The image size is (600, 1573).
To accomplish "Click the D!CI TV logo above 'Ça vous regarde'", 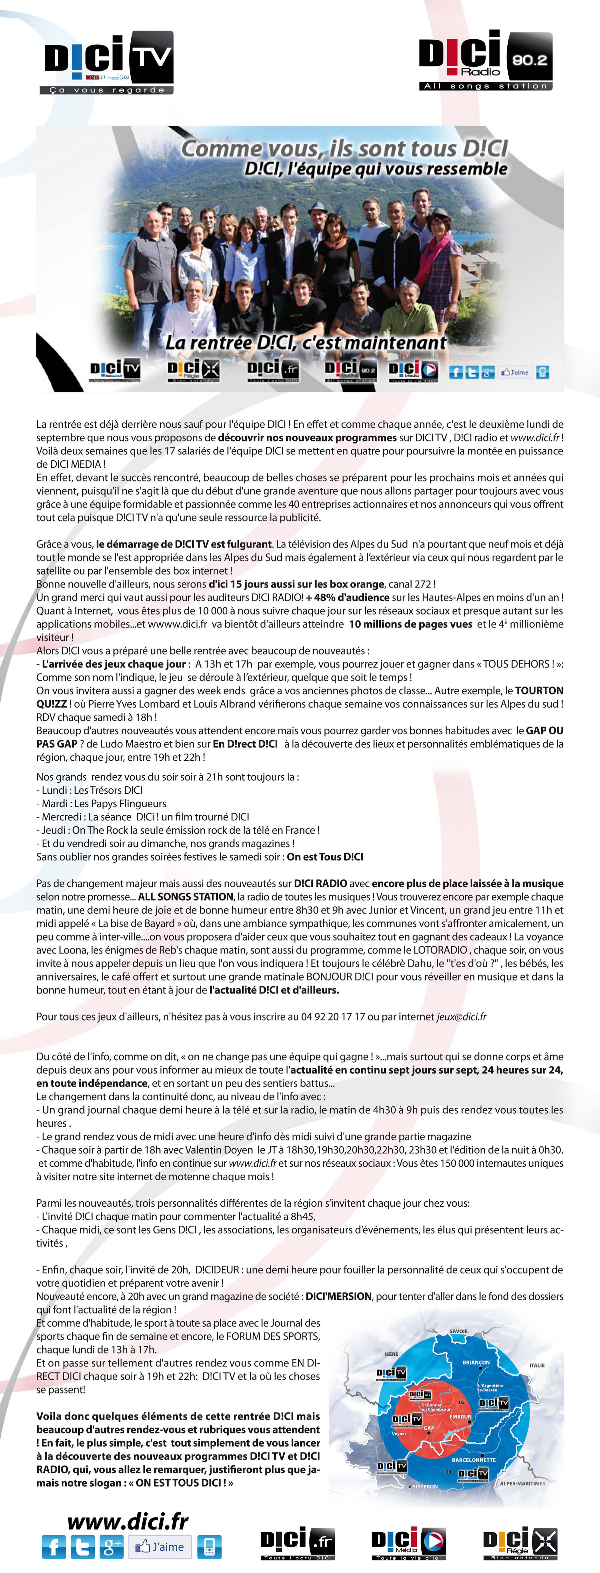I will click(x=109, y=58).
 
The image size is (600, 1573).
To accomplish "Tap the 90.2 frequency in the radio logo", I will click(x=529, y=60).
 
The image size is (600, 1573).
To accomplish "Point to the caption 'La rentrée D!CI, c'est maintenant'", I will click(x=306, y=343).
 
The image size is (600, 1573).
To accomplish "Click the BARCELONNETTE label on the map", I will click(x=474, y=1460).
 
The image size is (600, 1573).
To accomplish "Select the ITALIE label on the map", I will click(x=537, y=1365).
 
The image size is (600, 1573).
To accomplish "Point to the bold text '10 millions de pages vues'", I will click(x=411, y=624).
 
